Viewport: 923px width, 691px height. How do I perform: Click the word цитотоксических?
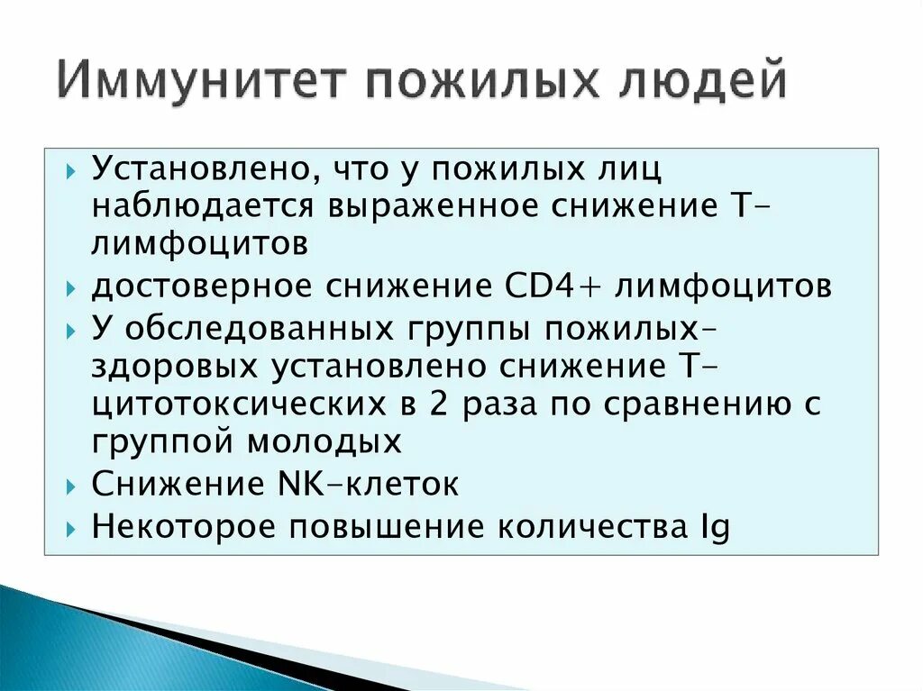click(233, 405)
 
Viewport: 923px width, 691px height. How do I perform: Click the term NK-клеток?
click(378, 484)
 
